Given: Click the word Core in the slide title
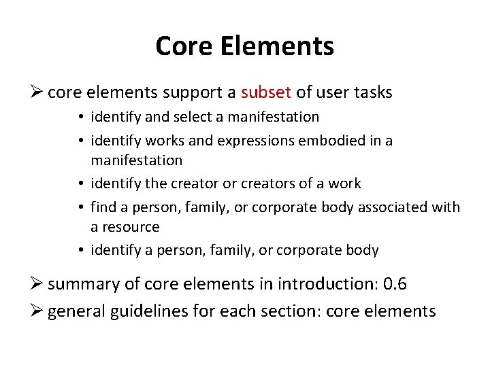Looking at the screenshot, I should tap(184, 47).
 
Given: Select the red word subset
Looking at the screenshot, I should tap(265, 92).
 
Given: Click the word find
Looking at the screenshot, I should tap(103, 207).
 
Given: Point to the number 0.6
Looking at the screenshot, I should tap(395, 283).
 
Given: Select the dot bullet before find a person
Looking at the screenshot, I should tap(81, 207).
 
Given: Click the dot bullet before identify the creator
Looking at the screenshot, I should tap(81, 183).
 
